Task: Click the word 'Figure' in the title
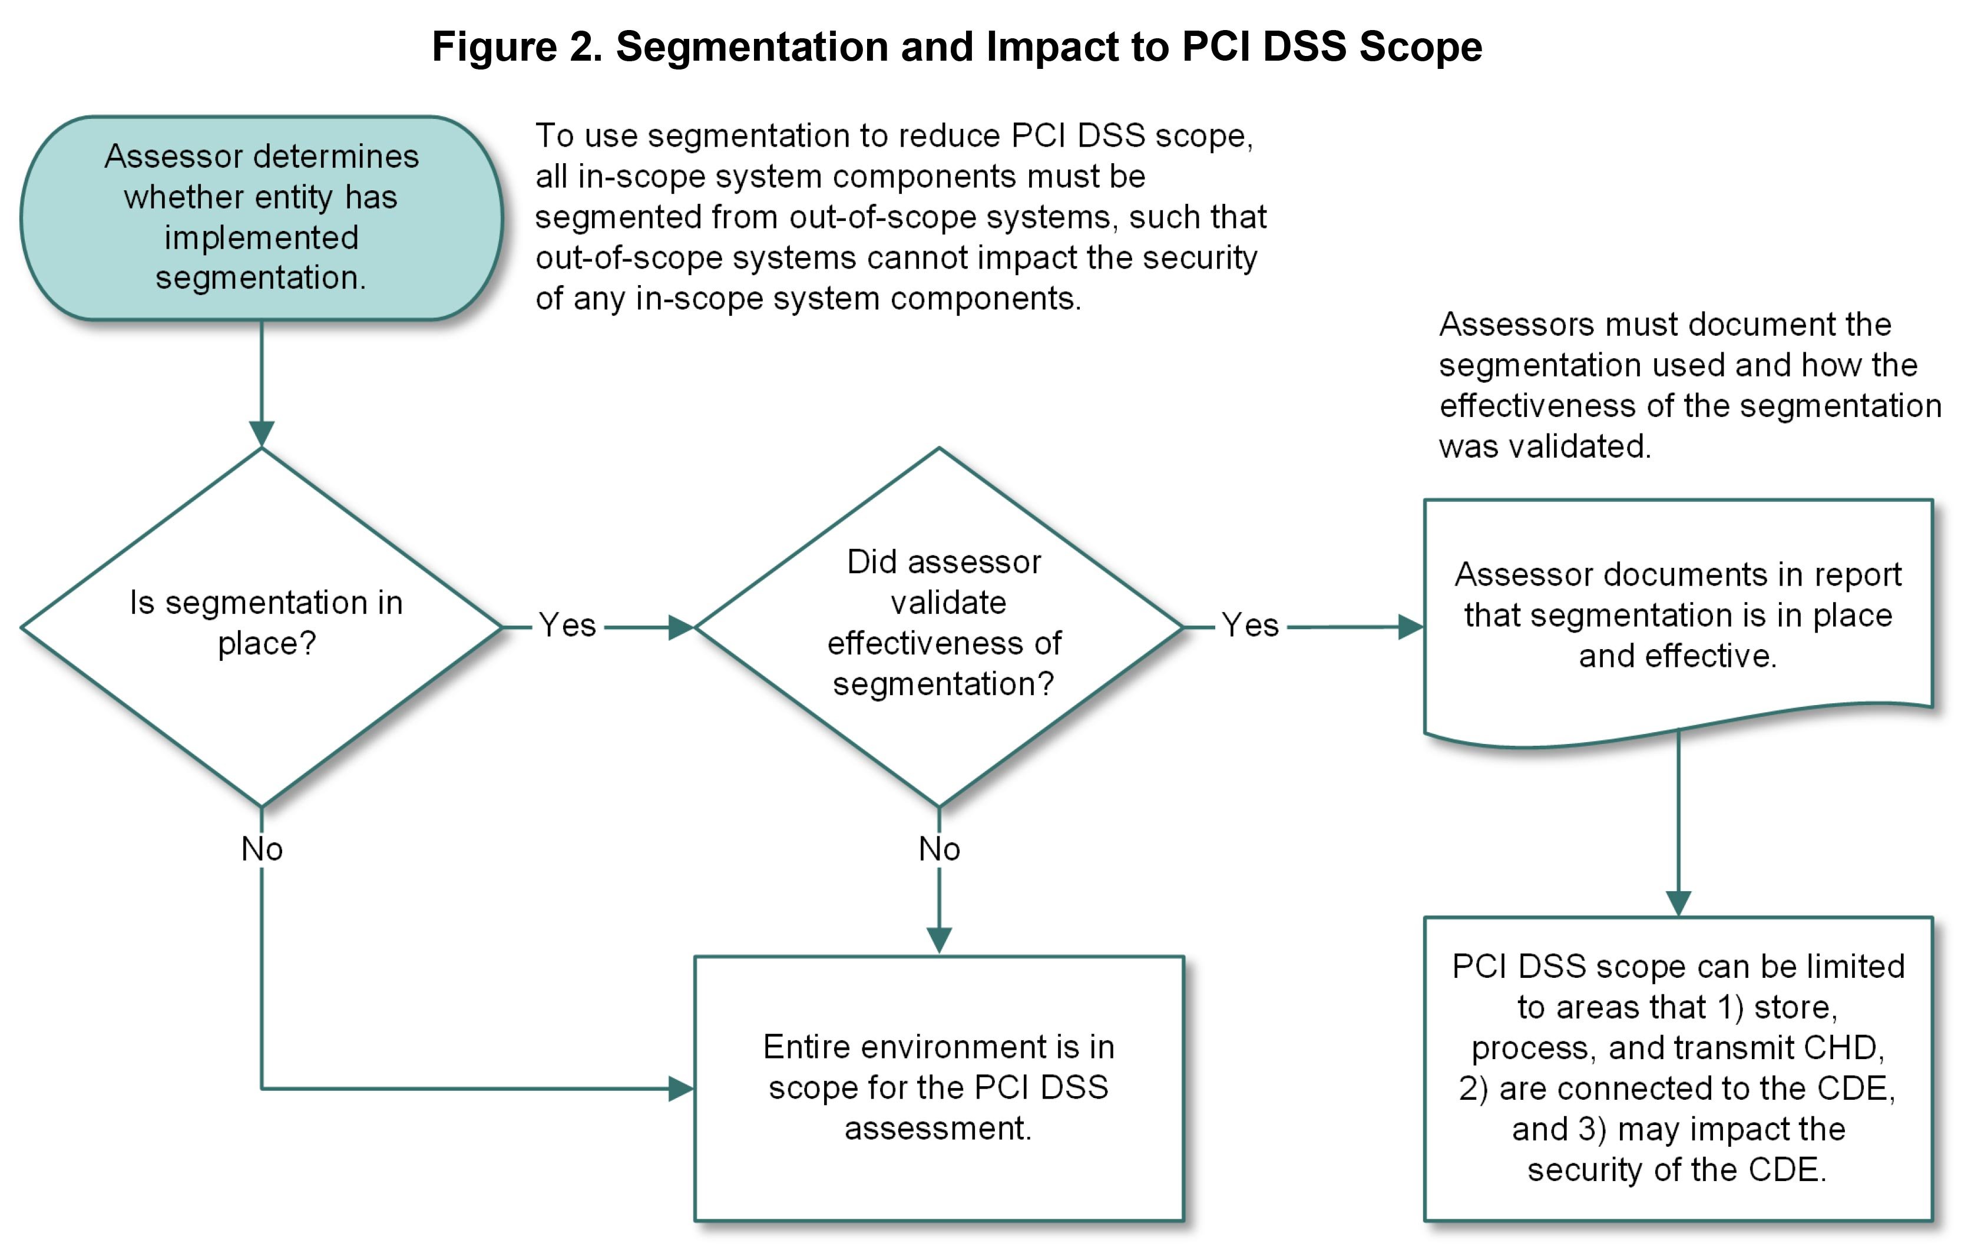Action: click(x=494, y=47)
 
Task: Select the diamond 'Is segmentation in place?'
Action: click(x=261, y=626)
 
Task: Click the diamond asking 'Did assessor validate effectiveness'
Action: click(x=939, y=626)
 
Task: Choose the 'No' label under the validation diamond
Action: click(x=939, y=849)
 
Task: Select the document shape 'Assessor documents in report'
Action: click(x=1678, y=616)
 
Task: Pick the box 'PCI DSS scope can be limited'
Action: click(x=1678, y=1068)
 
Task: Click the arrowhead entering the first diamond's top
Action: click(x=261, y=434)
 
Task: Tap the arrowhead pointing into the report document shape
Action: click(x=1410, y=627)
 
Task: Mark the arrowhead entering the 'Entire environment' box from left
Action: click(x=681, y=1089)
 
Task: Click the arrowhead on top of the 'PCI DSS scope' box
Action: click(x=1678, y=904)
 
